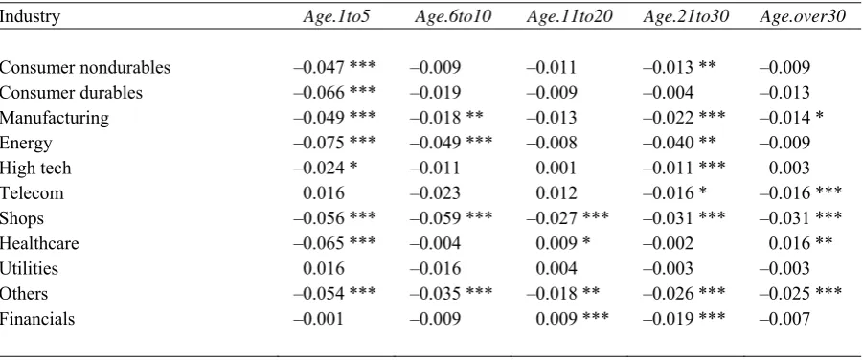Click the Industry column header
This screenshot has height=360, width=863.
click(30, 16)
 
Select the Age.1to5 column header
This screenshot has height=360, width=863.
click(336, 16)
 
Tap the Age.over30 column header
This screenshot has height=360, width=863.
click(802, 16)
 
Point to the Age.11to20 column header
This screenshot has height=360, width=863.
click(569, 16)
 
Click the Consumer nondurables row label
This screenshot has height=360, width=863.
click(85, 67)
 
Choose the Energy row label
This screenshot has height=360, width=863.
click(26, 143)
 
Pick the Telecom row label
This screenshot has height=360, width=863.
click(32, 193)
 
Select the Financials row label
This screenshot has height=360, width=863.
click(37, 319)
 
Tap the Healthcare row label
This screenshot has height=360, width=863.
click(39, 243)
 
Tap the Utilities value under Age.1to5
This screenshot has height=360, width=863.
click(324, 269)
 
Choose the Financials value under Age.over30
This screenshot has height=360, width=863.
click(784, 319)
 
